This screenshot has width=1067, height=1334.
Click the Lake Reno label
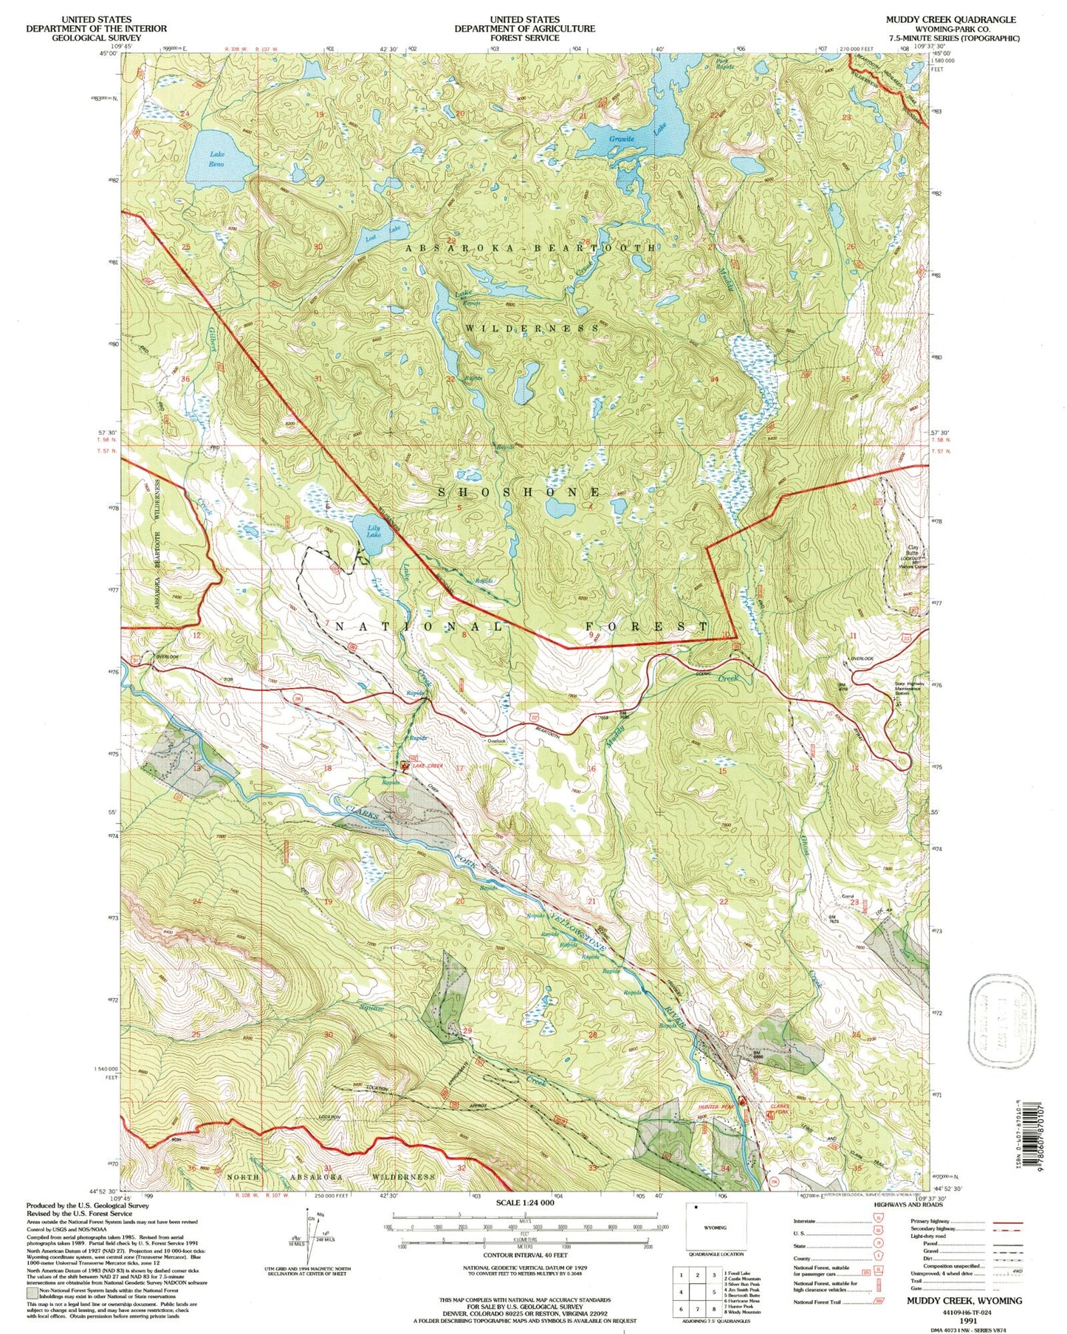[x=216, y=159]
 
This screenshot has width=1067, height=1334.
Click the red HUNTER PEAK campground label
[x=713, y=1107]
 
